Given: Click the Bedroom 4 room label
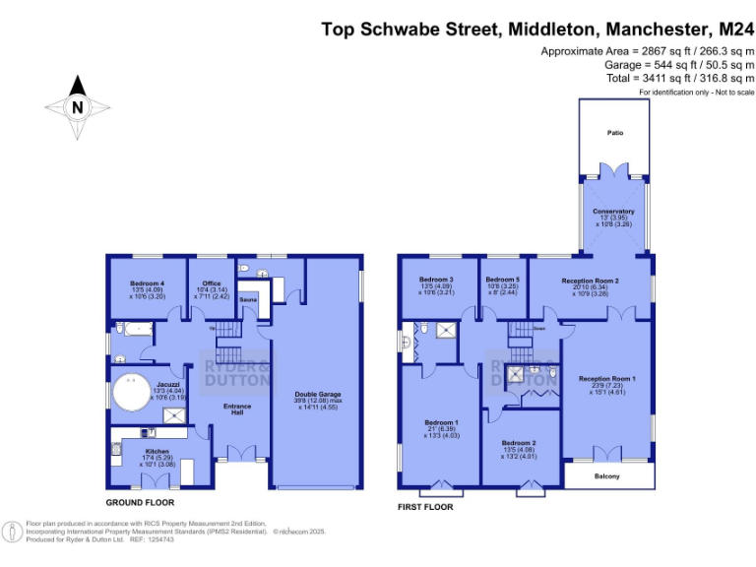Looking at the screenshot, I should coord(147,283).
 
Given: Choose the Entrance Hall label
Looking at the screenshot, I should coord(237,409).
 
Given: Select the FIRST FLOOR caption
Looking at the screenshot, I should coord(425,507).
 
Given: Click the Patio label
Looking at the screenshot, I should coord(614,132).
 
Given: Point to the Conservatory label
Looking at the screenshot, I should coord(613,212).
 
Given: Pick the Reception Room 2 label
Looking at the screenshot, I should coord(591,281).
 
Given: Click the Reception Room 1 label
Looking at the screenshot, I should coord(606,379).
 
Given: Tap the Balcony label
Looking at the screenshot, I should coord(607,476).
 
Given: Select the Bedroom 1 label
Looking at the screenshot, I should coord(439,423).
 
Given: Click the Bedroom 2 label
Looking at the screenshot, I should coord(518,443).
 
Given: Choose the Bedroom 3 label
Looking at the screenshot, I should coord(435,280).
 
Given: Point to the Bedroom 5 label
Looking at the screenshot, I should coord(501,280).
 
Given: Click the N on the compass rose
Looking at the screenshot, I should coord(77,107).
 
